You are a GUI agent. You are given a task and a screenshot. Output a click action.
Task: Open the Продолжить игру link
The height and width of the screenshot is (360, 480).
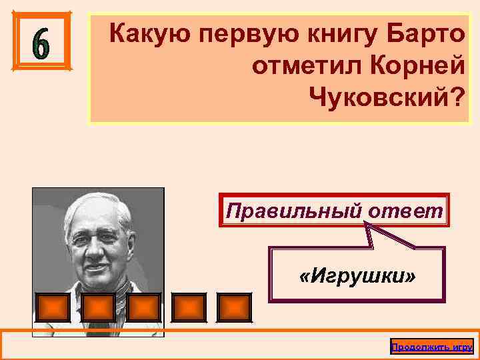pos(431,347)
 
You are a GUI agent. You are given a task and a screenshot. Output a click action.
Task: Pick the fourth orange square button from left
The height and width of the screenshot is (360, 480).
pos(189,307)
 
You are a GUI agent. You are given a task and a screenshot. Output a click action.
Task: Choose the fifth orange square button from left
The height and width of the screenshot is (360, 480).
pos(235,307)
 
